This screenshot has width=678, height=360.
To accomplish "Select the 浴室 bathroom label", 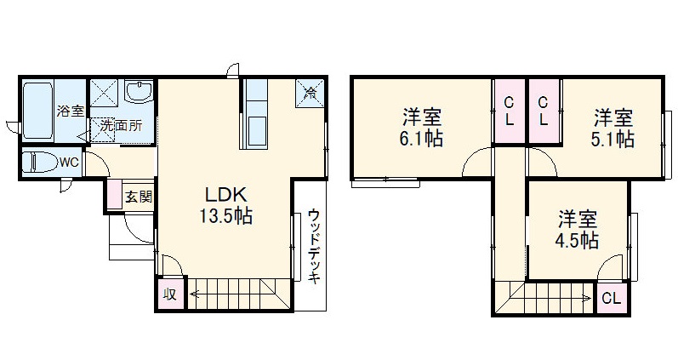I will point(70,110).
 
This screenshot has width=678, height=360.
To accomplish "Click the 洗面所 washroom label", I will point(121,126).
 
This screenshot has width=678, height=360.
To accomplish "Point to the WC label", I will point(69,162).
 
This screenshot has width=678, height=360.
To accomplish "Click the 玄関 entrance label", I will point(139,196).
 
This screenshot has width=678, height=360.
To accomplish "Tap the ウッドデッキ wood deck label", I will point(314,247).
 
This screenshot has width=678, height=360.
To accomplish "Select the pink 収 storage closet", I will point(170,294).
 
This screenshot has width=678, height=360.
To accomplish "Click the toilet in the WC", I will point(39,161).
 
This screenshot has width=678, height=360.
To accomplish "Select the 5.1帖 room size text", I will point(612,138).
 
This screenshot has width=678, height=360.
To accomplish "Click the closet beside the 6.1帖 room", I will point(509,111).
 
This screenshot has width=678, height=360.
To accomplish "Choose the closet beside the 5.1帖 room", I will point(543,111).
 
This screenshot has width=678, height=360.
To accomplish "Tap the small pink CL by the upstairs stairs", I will point(610,299).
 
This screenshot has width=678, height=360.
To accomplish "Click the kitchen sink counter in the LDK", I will point(256,119).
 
